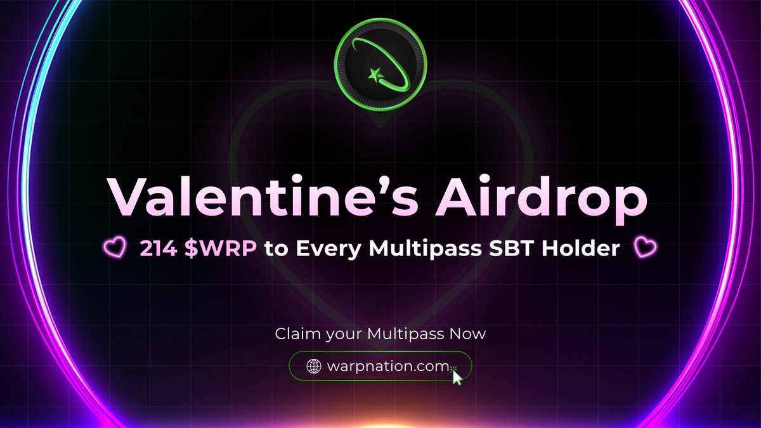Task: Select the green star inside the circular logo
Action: [x=374, y=75]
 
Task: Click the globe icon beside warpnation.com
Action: [x=314, y=366]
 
